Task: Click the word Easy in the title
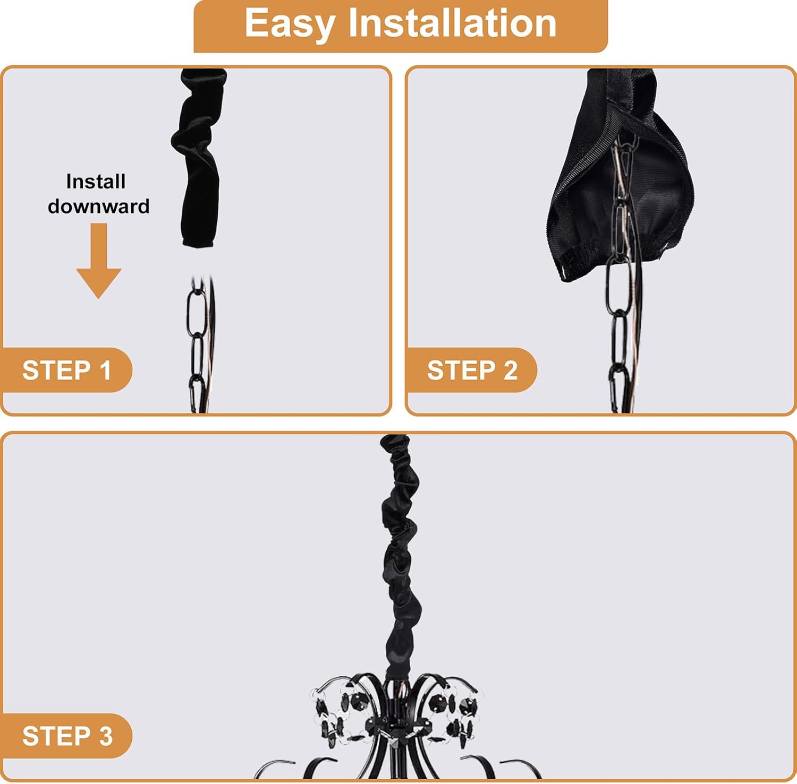point(290,24)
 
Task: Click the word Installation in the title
point(452,23)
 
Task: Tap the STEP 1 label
point(66,371)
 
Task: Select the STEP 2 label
point(472,371)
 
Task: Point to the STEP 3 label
point(67,736)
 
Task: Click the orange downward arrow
point(99,260)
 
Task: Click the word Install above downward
point(96,182)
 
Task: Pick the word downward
point(99,206)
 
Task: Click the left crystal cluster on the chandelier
point(340,714)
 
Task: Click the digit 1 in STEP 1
point(105,371)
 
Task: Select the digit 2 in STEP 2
point(510,371)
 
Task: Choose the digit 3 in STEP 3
point(106,736)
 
